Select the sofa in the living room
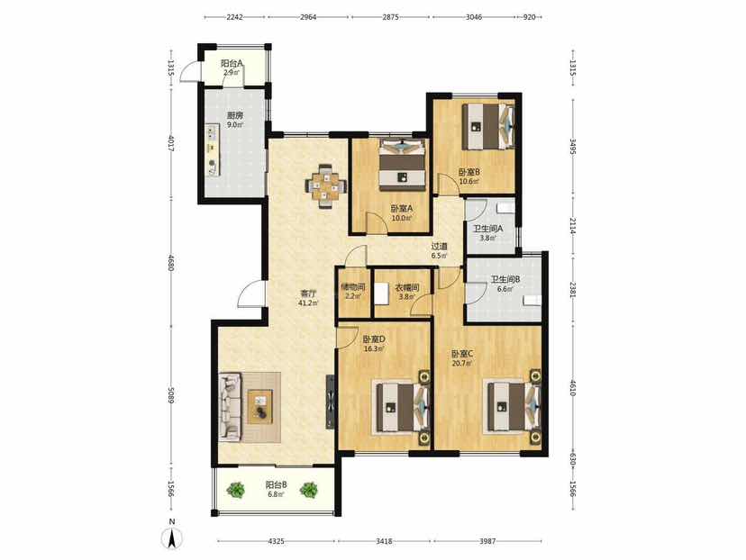tap(231, 406)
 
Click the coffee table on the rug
tap(260, 406)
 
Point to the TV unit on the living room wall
tap(329, 402)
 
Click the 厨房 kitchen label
tap(233, 115)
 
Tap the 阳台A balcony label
tap(232, 63)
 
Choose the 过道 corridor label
tap(439, 247)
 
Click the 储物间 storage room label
tap(353, 287)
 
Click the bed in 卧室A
tap(402, 163)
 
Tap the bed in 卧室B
tap(488, 125)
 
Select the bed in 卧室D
tap(403, 408)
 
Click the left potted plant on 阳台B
tap(235, 490)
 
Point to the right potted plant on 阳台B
tap(309, 490)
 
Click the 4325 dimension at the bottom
tap(277, 541)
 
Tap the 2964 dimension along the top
tap(308, 17)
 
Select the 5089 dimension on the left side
tap(171, 394)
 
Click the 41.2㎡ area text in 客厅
tap(308, 303)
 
